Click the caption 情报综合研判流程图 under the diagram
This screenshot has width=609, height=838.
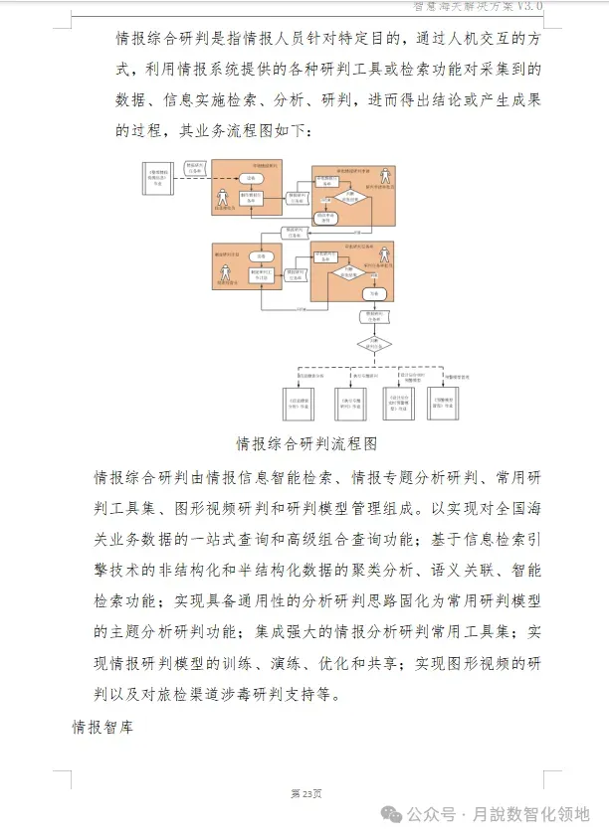(305, 443)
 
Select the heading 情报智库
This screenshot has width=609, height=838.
(102, 727)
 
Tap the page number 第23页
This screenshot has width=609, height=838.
(305, 793)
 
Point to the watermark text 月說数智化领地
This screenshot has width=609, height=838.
(538, 814)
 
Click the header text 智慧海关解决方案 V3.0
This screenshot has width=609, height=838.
(479, 6)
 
